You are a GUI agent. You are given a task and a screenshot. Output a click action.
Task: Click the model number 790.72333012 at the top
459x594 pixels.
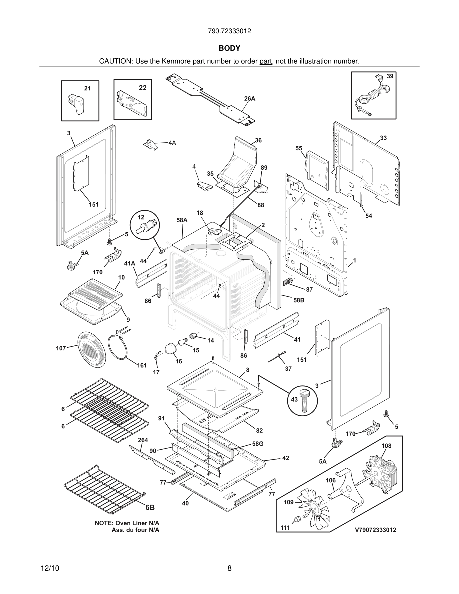click(x=229, y=31)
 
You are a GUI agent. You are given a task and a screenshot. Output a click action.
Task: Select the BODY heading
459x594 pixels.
click(x=229, y=48)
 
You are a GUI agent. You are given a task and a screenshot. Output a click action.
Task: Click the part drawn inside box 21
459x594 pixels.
click(x=77, y=103)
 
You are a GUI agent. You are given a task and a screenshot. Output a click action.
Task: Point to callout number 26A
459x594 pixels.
click(x=249, y=99)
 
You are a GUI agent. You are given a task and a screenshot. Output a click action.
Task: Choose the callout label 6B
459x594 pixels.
click(x=150, y=507)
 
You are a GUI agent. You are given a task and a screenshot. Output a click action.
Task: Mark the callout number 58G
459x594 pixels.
click(x=257, y=444)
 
